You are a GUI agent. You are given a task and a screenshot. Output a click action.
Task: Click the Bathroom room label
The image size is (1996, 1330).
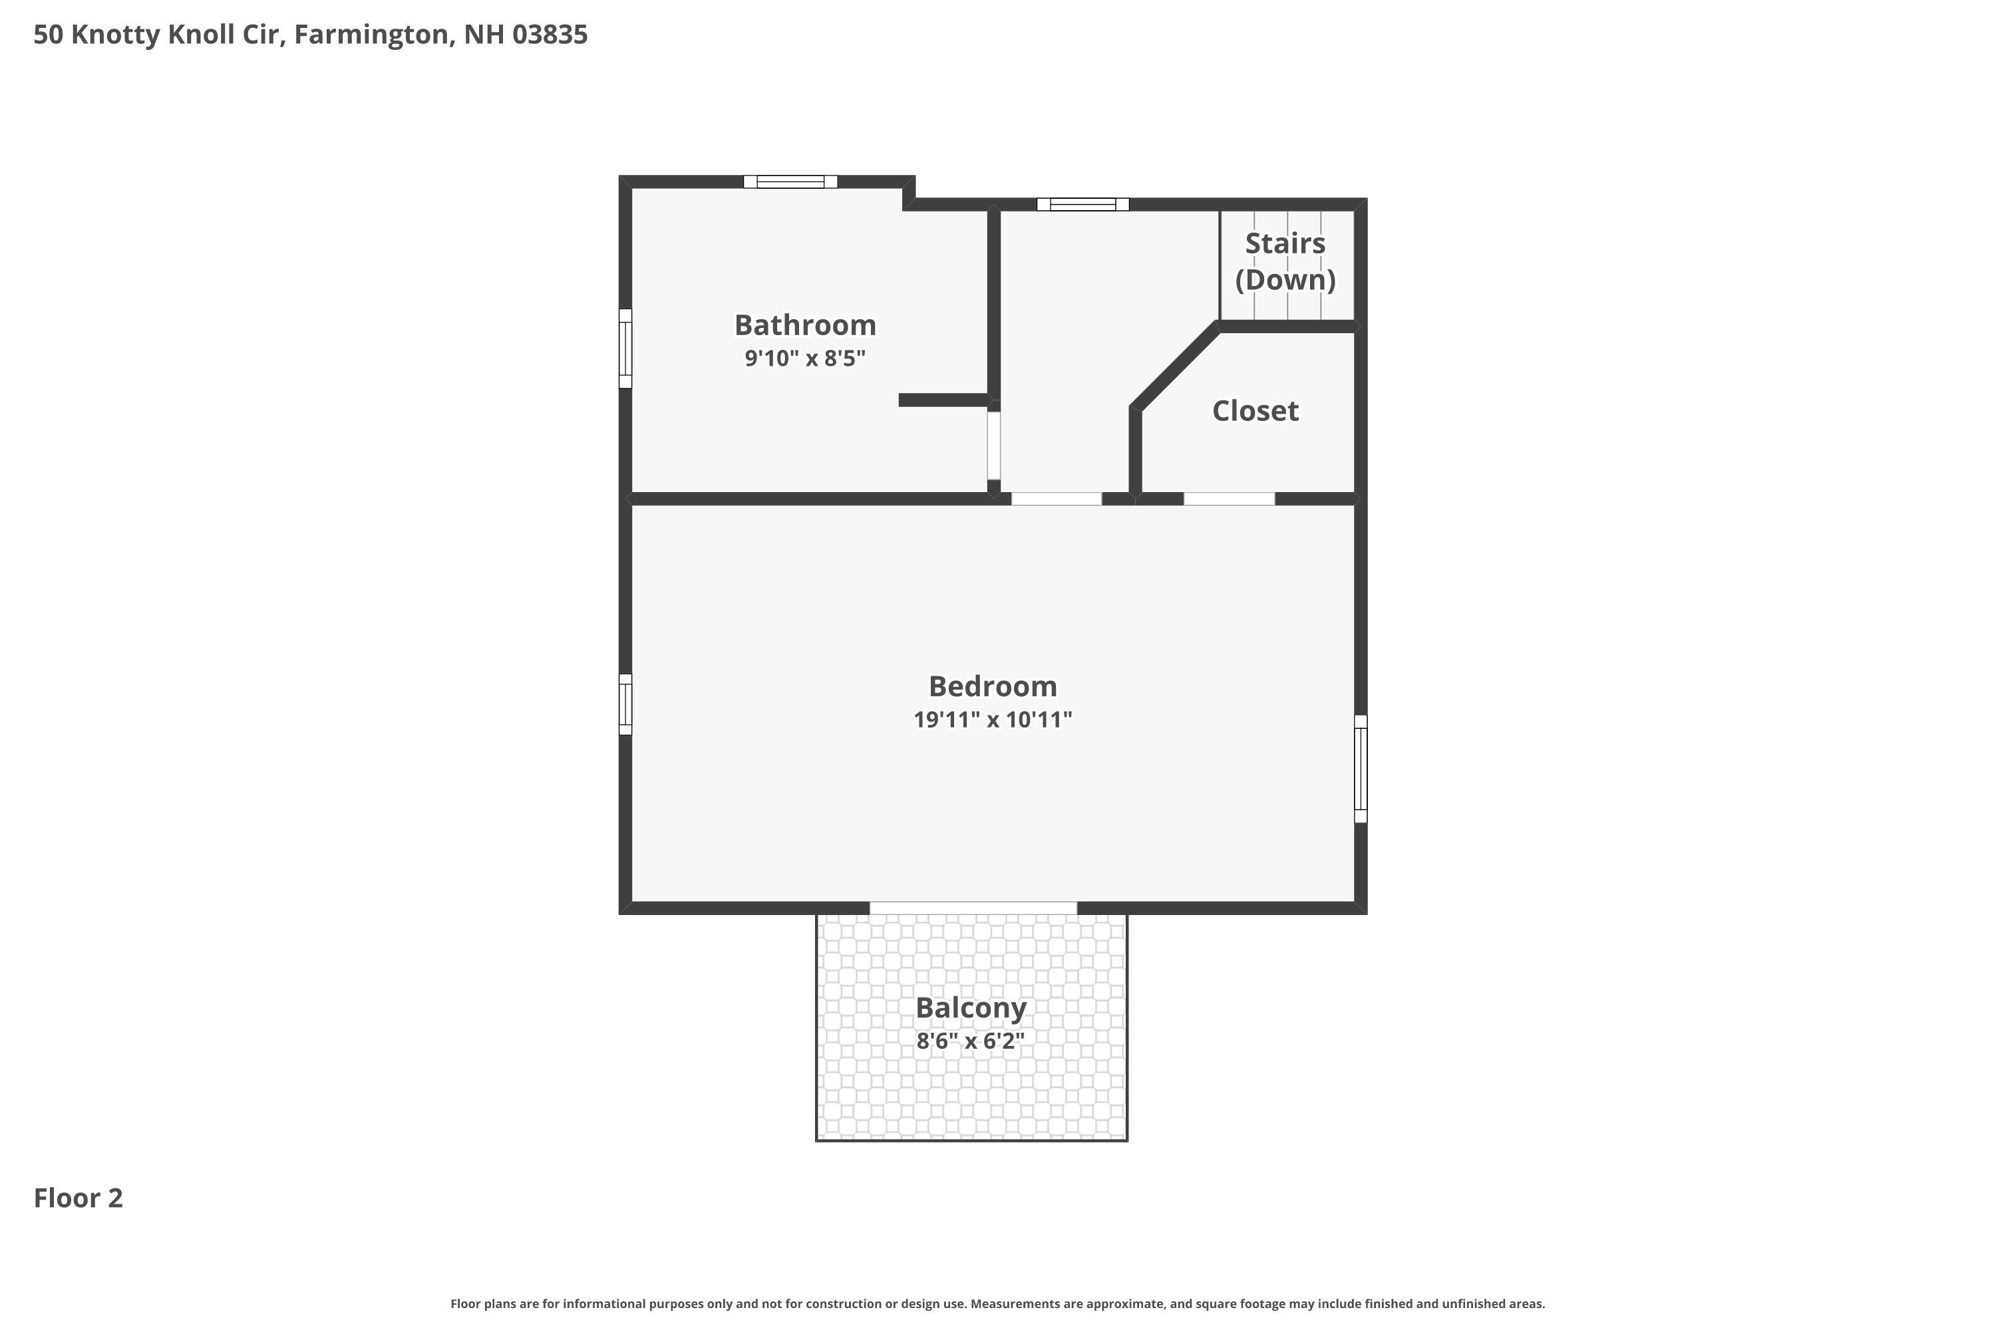coord(804,325)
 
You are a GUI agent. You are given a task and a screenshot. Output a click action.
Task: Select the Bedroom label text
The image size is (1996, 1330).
coord(992,686)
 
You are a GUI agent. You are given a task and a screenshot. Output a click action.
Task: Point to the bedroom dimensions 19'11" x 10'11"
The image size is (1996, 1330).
coord(992,720)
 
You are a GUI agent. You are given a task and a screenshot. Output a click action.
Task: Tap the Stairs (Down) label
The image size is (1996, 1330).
coord(1285,261)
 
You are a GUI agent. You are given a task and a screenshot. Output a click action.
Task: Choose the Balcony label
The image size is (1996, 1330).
coord(970,1007)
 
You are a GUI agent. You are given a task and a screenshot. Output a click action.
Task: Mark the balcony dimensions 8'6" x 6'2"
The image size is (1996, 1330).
coord(970,1041)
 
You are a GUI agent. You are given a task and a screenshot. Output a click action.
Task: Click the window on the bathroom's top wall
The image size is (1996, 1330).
coord(790,182)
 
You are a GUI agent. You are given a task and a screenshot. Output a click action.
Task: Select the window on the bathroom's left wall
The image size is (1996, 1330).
coord(625,348)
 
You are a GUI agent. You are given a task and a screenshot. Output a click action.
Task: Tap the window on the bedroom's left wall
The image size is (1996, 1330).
coord(625,704)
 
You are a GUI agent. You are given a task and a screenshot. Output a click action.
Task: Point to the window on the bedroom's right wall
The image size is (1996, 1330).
coord(1361,769)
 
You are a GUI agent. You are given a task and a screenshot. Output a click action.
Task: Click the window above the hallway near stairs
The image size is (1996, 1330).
coord(1083,204)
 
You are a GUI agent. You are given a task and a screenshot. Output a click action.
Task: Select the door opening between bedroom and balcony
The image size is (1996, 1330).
coord(973,908)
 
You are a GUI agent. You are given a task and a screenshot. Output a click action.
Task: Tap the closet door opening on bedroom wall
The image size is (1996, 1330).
coord(1229,499)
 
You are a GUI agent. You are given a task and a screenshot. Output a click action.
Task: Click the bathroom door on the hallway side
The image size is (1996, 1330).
coord(994,446)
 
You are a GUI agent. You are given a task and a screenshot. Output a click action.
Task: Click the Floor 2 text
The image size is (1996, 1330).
coord(78,1198)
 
